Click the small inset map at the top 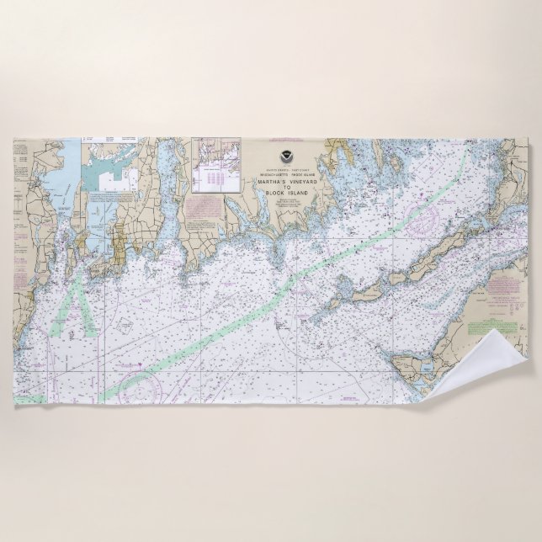[219, 161]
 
